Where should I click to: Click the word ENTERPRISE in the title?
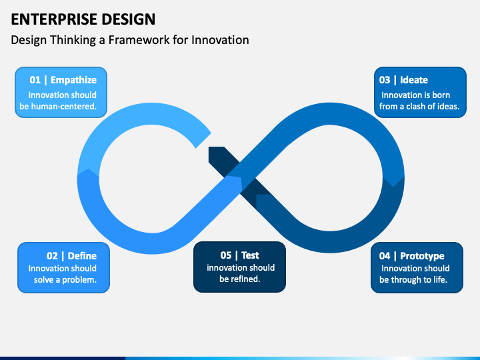pos(54,19)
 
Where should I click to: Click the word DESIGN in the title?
pos(128,19)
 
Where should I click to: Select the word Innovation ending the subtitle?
pos(220,40)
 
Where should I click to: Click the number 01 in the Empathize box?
pos(35,80)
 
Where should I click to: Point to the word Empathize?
pos(73,80)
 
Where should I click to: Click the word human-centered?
pos(64,106)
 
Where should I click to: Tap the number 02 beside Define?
pos(52,255)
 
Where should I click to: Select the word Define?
pos(82,255)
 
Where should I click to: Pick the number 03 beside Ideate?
pos(385,80)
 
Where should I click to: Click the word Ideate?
pos(414,80)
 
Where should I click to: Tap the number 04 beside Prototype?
pos(385,255)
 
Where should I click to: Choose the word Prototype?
pos(422,256)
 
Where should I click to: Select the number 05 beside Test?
pos(226,255)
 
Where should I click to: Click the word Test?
pos(250,255)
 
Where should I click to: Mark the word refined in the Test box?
pos(245,279)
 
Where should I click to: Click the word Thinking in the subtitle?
pos(73,40)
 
